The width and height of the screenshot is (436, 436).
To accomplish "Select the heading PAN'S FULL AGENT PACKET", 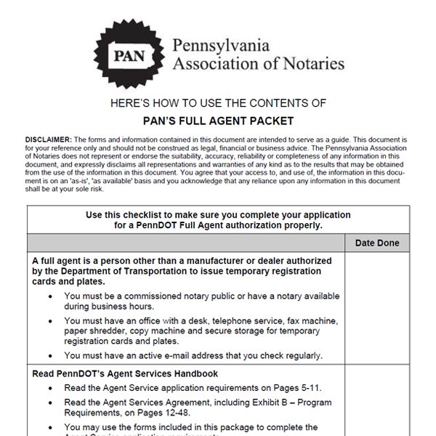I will point(217,121).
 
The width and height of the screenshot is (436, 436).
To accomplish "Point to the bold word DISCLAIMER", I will point(48,139).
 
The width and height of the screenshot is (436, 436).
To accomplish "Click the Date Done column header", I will point(377,243).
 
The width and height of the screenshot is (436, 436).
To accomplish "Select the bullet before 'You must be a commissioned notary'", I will point(49,296).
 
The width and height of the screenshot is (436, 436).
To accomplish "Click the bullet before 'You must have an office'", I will point(49,320).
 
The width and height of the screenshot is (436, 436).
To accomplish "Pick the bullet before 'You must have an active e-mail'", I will point(49,355).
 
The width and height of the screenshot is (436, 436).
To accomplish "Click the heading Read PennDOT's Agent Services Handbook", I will point(125,374).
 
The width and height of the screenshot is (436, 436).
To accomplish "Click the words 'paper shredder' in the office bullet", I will point(95,331).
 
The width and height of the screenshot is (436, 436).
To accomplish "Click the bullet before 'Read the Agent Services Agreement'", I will point(49,402).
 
